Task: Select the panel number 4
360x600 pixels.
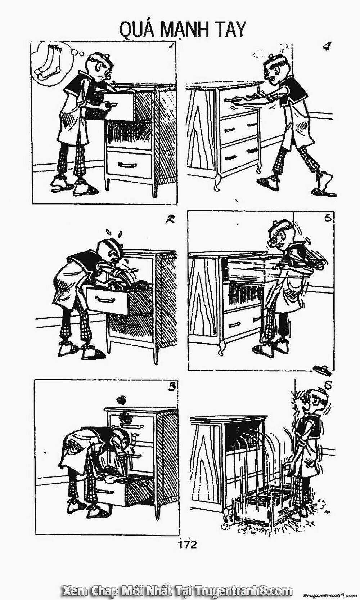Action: click(x=327, y=47)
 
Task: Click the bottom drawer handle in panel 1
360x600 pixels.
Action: click(x=129, y=165)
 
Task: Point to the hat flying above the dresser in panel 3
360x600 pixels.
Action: click(x=122, y=400)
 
